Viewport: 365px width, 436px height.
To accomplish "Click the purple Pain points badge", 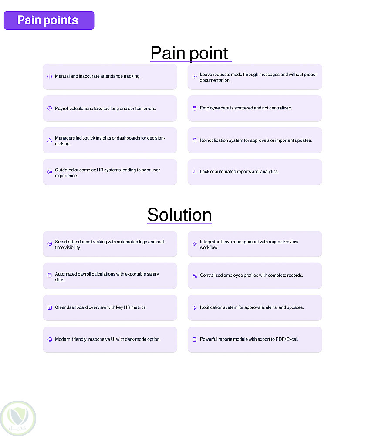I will (x=49, y=20).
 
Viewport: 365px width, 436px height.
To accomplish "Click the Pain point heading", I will (x=189, y=53).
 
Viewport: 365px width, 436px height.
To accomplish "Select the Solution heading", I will (x=179, y=215).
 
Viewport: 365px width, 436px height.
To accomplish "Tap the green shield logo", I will (x=18, y=418).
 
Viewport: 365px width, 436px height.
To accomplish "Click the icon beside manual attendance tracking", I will (x=50, y=76).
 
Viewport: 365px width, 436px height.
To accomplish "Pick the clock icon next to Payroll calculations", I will (x=50, y=108).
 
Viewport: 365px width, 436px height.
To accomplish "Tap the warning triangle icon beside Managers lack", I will (x=50, y=140).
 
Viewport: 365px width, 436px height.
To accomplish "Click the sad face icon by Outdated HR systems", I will (x=50, y=172).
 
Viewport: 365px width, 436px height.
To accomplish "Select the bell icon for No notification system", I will (x=195, y=140).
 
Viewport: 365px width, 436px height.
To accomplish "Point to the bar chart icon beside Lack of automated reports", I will (x=195, y=172).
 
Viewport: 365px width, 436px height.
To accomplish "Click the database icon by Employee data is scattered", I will (x=195, y=108).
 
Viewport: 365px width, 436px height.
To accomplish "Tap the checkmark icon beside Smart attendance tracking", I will (x=50, y=244).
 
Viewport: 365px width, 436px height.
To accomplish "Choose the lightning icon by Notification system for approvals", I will (x=195, y=307).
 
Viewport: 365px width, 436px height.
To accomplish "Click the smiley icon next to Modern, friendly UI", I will (x=50, y=339).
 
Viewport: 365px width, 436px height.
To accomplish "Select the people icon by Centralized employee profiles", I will (x=195, y=276).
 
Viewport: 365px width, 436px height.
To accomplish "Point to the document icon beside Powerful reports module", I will (x=195, y=339).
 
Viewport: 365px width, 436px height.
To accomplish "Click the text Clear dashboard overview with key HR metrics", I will (x=101, y=307).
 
